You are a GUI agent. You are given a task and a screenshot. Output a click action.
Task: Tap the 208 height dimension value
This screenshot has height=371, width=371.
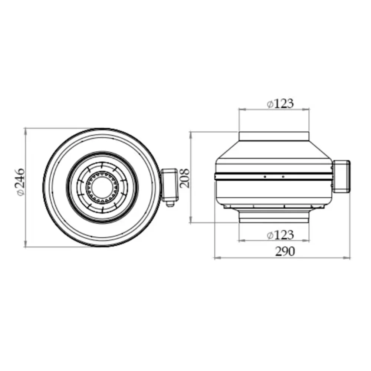pyautogui.click(x=184, y=178)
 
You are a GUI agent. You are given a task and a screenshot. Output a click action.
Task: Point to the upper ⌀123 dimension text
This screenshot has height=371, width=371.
pyautogui.click(x=280, y=104)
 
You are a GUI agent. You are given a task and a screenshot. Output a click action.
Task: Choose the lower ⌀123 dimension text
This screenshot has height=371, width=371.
pyautogui.click(x=280, y=234)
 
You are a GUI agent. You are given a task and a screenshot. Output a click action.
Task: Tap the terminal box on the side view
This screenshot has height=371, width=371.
pyautogui.click(x=341, y=177)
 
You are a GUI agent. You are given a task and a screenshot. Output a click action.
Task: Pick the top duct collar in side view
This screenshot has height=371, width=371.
pyautogui.click(x=274, y=136)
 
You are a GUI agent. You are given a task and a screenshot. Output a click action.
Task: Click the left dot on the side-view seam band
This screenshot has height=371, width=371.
pyautogui.click(x=265, y=177)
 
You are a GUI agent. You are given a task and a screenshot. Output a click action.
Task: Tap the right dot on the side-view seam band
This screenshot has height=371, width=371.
pyautogui.click(x=283, y=177)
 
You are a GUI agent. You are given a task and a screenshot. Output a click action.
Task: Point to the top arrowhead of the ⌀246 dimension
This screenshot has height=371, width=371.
pyautogui.click(x=26, y=130)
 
